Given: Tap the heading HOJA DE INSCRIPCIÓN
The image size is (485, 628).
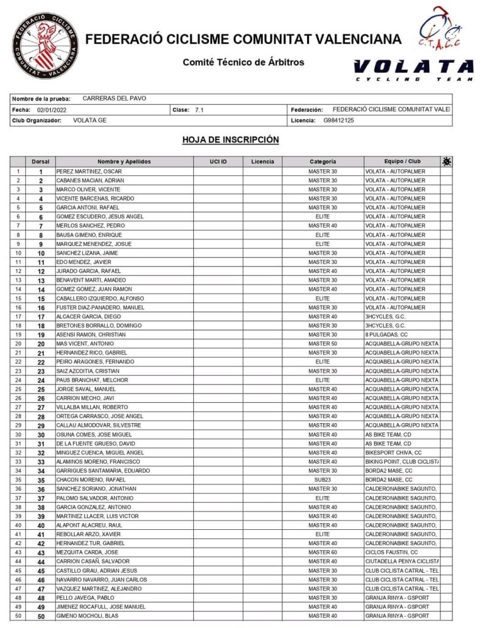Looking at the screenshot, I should click(231, 140).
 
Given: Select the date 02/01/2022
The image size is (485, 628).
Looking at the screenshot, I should click(52, 110).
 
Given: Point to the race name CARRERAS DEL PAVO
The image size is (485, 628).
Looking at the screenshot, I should click(114, 99).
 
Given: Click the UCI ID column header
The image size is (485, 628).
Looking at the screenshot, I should click(218, 161).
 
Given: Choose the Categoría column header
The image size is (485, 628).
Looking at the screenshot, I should click(323, 161).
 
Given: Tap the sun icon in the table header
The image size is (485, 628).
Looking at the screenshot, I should click(446, 161).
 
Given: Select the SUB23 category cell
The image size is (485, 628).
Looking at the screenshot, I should click(323, 480).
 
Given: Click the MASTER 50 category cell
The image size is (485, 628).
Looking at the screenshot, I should click(323, 343).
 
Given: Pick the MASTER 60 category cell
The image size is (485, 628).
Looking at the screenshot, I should click(323, 552).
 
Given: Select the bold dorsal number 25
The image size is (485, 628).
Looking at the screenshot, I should click(41, 389).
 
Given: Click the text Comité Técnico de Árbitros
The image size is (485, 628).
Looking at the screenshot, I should click(243, 62).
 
